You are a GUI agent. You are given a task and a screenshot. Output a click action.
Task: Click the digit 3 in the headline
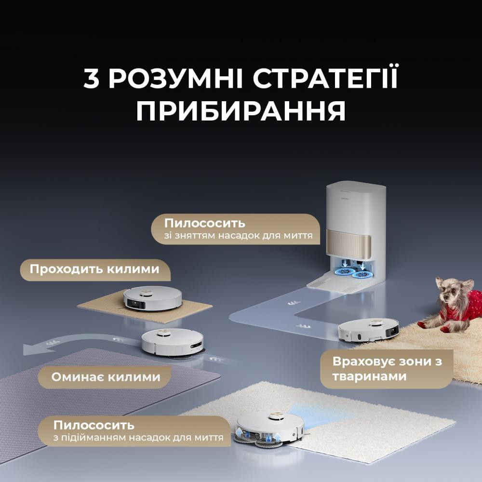click(x=92, y=79)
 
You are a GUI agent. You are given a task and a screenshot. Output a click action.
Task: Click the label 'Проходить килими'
click(x=94, y=268)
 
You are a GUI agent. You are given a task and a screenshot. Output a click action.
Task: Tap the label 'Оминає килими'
click(x=106, y=376)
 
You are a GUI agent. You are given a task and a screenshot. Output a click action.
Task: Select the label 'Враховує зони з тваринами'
click(x=387, y=369)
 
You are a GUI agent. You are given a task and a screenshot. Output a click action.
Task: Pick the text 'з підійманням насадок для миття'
click(x=138, y=438)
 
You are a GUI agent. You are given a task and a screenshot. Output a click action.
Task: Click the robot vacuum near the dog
click(x=369, y=330)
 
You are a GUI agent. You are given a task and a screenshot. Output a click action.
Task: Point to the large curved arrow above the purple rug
click(x=72, y=343)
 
